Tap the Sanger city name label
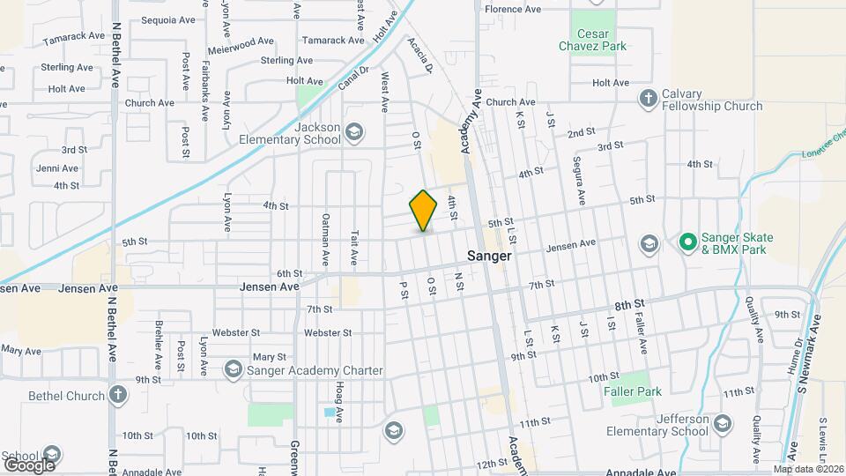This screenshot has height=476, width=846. tap(489, 256)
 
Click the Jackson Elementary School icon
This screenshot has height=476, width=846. tap(354, 133)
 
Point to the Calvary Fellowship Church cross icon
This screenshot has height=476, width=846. tap(649, 98)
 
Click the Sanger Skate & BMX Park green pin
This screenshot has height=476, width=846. tap(687, 241)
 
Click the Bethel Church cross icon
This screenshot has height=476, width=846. tap(117, 396)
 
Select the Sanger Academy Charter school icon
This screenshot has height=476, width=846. tap(234, 369)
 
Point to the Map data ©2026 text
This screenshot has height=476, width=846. tap(808, 469)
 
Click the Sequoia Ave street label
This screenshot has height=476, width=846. tap(166, 19)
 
